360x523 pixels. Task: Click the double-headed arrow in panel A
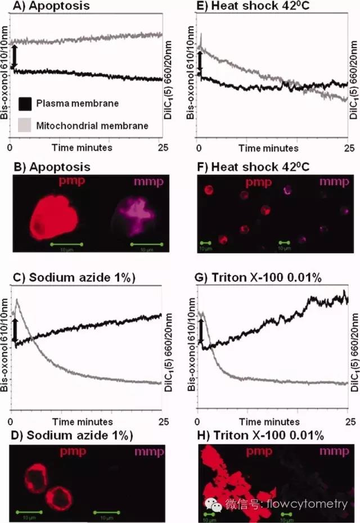click(x=15, y=58)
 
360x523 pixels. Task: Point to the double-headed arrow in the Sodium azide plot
click(x=15, y=330)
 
